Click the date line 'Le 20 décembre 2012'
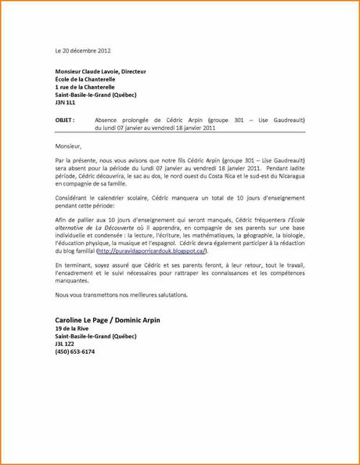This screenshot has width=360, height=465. (83, 50)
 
